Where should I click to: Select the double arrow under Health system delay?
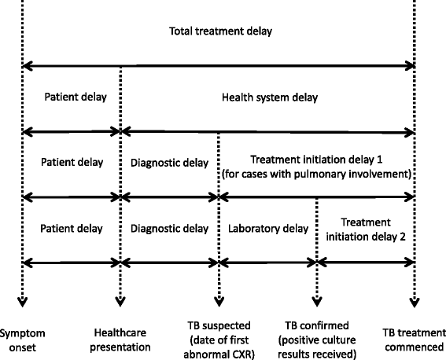(x=267, y=131)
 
